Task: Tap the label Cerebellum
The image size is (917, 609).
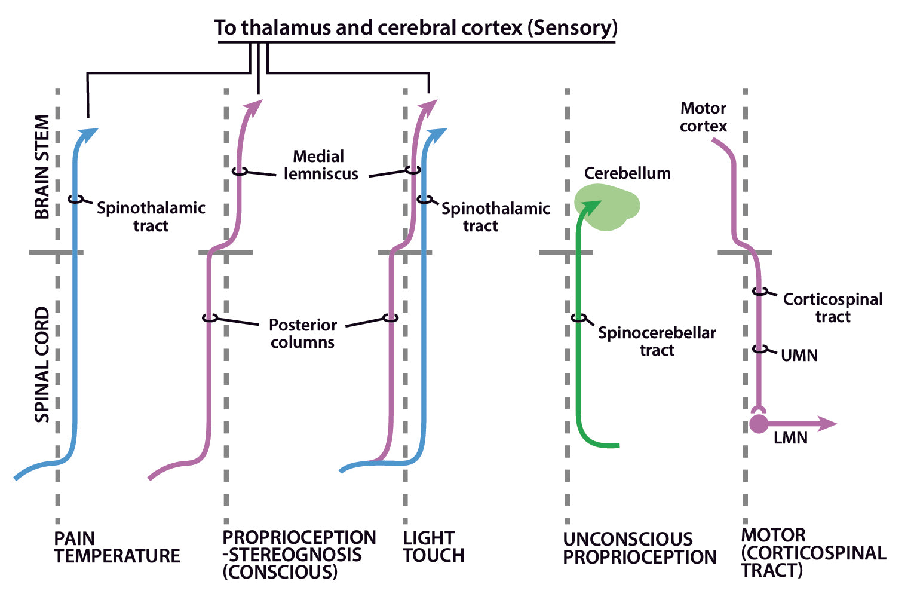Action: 627,173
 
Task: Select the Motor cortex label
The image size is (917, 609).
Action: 703,117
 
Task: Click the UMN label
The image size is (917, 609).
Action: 799,356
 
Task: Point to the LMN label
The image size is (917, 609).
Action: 790,438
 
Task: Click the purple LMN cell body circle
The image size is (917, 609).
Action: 759,424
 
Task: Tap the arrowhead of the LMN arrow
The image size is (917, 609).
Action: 829,424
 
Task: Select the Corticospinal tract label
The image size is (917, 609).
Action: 832,308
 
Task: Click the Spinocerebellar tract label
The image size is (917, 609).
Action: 657,341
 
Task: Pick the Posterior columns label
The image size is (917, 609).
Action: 302,333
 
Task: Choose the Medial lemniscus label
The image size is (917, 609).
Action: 320,165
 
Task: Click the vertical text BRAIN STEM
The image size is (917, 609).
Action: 42,167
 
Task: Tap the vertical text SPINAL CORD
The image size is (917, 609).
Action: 42,365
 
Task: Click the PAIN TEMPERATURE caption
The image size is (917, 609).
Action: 116,547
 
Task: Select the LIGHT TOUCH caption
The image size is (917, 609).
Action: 433,546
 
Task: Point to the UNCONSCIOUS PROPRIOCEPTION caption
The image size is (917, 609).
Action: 639,548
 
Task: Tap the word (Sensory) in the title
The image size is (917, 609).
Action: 572,27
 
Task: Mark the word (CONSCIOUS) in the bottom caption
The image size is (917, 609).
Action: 280,572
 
